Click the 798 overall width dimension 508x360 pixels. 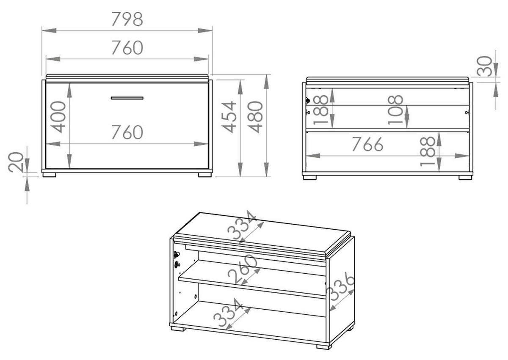coord(127,19)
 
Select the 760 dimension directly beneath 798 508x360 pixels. coord(127,47)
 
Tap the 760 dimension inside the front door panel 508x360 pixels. coord(127,132)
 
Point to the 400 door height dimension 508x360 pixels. coord(59,117)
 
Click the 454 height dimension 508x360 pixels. coord(229,117)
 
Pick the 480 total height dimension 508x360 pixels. coord(256,117)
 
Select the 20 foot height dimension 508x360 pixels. coord(16,162)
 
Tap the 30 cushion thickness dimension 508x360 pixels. coord(484,66)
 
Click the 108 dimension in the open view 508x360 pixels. coord(395,110)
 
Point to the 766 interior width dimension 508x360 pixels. coord(368,144)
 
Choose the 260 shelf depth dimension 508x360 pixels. coord(242,269)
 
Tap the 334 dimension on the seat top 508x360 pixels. coord(242,225)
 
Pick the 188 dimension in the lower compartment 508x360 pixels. coord(428,151)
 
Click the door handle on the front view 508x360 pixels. coord(127,98)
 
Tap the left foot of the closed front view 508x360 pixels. coord(49,175)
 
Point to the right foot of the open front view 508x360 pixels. coord(466,177)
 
